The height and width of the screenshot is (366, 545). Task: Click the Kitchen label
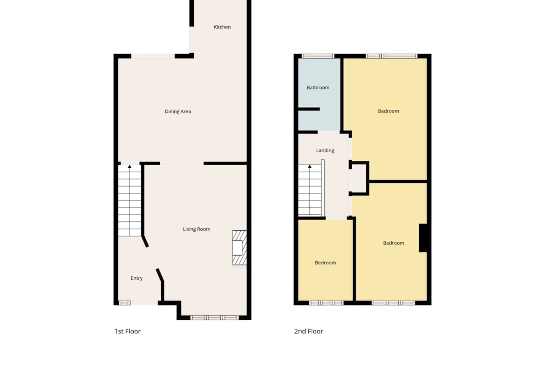click(x=222, y=27)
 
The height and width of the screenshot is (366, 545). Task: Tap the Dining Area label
click(x=177, y=111)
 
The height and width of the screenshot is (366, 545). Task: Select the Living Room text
click(x=197, y=229)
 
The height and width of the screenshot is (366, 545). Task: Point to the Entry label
click(x=136, y=278)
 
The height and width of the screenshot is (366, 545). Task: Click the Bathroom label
click(x=318, y=87)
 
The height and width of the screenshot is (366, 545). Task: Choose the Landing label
click(x=325, y=150)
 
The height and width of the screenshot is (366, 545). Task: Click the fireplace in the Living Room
click(x=239, y=248)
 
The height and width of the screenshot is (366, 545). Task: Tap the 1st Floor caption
click(x=128, y=331)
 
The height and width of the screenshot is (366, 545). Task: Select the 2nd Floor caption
click(x=309, y=331)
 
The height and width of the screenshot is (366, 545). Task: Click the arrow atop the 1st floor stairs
click(x=129, y=167)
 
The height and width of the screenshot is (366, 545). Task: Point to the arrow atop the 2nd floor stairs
click(x=310, y=167)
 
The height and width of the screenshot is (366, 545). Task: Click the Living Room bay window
click(x=214, y=318)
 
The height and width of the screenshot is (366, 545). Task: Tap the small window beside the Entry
click(x=124, y=303)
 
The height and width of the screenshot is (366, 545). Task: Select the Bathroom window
click(x=318, y=56)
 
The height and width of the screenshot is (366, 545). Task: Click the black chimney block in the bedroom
click(x=423, y=238)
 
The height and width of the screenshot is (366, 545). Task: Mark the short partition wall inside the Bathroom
click(x=309, y=109)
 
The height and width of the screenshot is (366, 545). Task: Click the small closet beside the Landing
click(x=359, y=178)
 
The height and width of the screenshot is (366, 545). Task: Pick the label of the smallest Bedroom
click(x=325, y=262)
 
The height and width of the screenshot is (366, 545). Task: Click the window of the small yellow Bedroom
click(x=326, y=303)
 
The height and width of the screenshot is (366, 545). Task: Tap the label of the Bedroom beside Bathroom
click(x=388, y=111)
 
